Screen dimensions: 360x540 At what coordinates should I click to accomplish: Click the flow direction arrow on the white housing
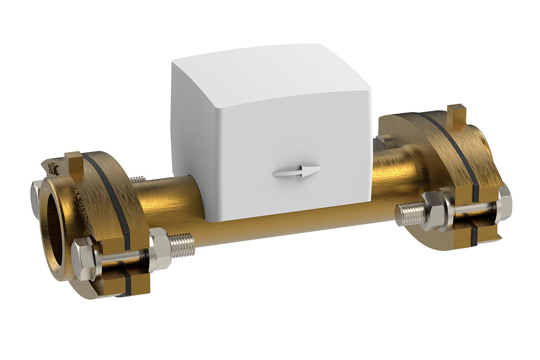(296, 171)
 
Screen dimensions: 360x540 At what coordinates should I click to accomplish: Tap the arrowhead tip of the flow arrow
(318, 169)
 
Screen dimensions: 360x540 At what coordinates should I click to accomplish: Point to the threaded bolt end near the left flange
(183, 244)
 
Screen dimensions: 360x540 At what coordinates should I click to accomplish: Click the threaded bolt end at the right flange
(410, 214)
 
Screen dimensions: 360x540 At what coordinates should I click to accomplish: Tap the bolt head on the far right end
(504, 203)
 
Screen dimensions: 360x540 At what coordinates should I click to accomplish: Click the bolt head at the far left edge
(35, 199)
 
